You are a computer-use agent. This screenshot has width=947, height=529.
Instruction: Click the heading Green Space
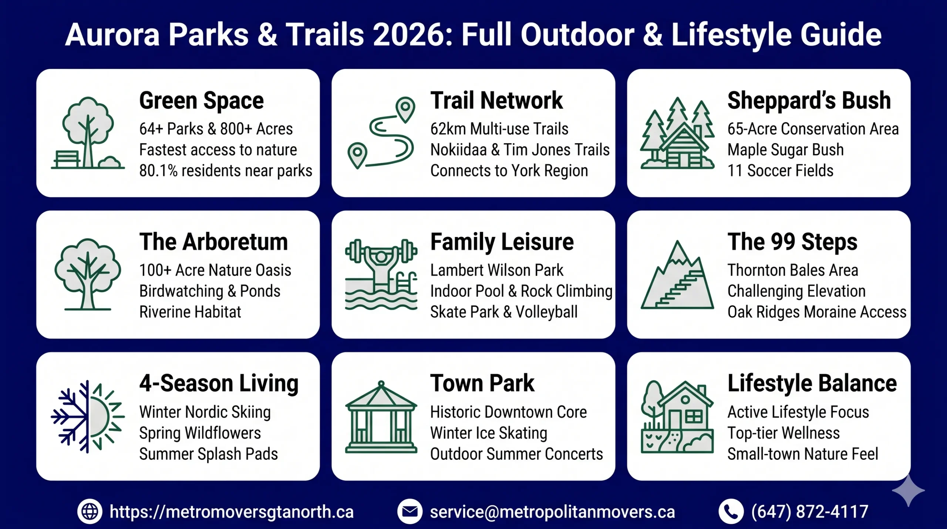coord(201,101)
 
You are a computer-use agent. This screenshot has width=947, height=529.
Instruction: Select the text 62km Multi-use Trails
coord(499,129)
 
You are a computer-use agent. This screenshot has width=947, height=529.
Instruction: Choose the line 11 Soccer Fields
coord(780,171)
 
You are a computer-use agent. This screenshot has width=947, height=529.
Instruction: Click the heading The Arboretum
coord(213,242)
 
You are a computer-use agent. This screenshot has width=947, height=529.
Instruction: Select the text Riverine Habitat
coord(190,312)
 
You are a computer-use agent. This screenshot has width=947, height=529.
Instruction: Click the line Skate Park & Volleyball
coord(503,312)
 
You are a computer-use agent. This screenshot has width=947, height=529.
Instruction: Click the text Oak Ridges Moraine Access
coord(817,312)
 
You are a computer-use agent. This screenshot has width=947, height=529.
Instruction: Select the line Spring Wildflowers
coord(200,433)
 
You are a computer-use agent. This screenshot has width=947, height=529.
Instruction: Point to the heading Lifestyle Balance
coord(812,384)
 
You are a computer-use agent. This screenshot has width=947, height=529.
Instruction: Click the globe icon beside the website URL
coord(90,512)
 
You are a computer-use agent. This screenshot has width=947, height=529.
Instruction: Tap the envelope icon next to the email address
coord(410,512)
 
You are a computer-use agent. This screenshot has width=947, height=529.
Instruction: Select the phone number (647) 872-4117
coord(809,512)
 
